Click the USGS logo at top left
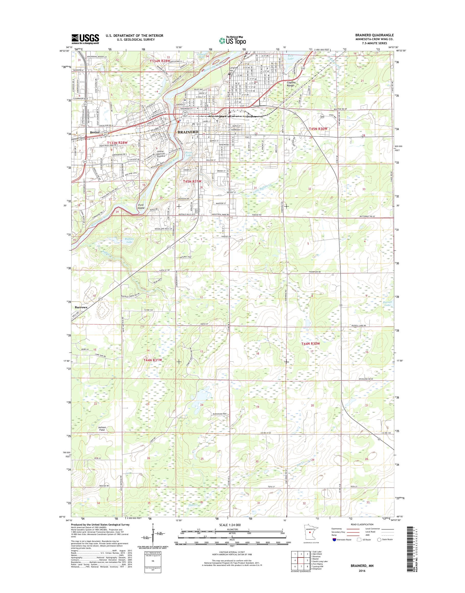coord(85,39)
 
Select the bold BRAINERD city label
coord(188,132)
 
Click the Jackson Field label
coord(102,429)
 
